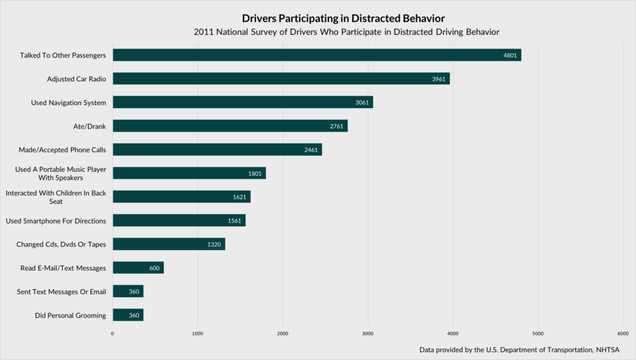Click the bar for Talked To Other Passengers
pos(317,55)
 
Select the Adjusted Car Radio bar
pos(281,79)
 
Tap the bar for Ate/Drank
pos(230,126)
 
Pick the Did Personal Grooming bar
pos(128,315)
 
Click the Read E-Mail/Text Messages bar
pos(138,268)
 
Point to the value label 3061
pos(362,102)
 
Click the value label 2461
pos(311,150)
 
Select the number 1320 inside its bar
pos(214,245)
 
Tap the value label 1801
pos(255,174)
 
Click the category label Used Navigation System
pos(68,102)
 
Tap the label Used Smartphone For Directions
pos(56,221)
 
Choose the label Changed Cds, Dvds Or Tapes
pos(61,245)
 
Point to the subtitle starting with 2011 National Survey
pos(347,31)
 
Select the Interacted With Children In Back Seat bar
pos(181,197)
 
